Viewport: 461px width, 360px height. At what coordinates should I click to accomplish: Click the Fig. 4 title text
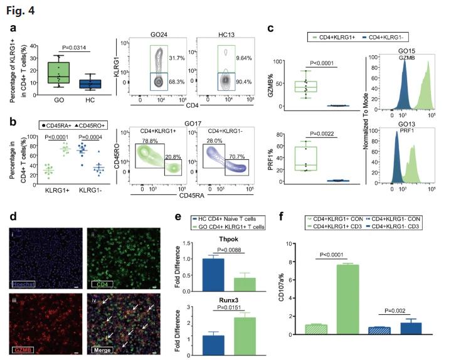coord(18,9)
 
